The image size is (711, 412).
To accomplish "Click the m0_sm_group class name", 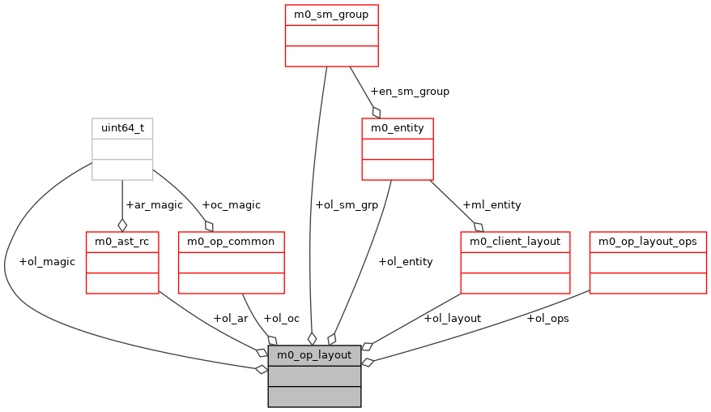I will [332, 15].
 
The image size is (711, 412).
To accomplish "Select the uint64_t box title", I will [122, 128].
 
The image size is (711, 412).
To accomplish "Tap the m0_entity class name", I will [397, 128].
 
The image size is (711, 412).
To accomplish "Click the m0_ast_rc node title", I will [122, 242].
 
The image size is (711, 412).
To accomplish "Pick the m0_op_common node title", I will [231, 242].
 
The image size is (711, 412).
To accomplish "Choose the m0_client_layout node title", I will [515, 242].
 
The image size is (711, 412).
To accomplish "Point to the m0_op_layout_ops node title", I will [648, 242].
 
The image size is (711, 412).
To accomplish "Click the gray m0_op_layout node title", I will [314, 355].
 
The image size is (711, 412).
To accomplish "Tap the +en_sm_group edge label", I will [409, 92].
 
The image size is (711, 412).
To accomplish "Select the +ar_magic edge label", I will [154, 205].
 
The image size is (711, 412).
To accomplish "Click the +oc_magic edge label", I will [231, 205].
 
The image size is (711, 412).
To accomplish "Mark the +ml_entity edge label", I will [492, 205].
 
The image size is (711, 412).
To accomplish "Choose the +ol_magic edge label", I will [47, 261].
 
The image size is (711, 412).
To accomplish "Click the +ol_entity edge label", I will [405, 261].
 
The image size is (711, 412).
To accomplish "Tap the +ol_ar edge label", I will [230, 318].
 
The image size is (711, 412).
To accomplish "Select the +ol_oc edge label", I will [282, 318].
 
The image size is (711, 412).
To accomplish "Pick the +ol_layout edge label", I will [452, 318].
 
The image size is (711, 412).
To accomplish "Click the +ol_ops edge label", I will [547, 318].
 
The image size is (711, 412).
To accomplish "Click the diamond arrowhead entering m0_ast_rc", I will [122, 225].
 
